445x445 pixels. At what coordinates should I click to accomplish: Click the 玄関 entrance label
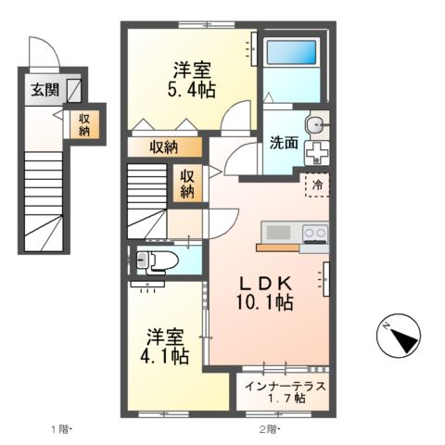tap(39, 90)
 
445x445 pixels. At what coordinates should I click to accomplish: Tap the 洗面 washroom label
tap(283, 144)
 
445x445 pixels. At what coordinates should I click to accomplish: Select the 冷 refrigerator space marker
tap(316, 184)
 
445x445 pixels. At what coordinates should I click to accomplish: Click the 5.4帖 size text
tap(192, 90)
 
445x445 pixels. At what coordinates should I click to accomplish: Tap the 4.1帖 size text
tap(167, 355)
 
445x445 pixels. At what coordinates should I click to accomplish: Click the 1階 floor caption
tap(60, 429)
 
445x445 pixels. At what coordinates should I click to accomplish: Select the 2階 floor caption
tap(269, 429)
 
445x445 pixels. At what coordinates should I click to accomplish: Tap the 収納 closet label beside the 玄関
tap(84, 124)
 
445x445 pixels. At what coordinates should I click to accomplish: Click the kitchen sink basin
tap(276, 232)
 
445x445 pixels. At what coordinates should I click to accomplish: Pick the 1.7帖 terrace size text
tap(285, 399)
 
